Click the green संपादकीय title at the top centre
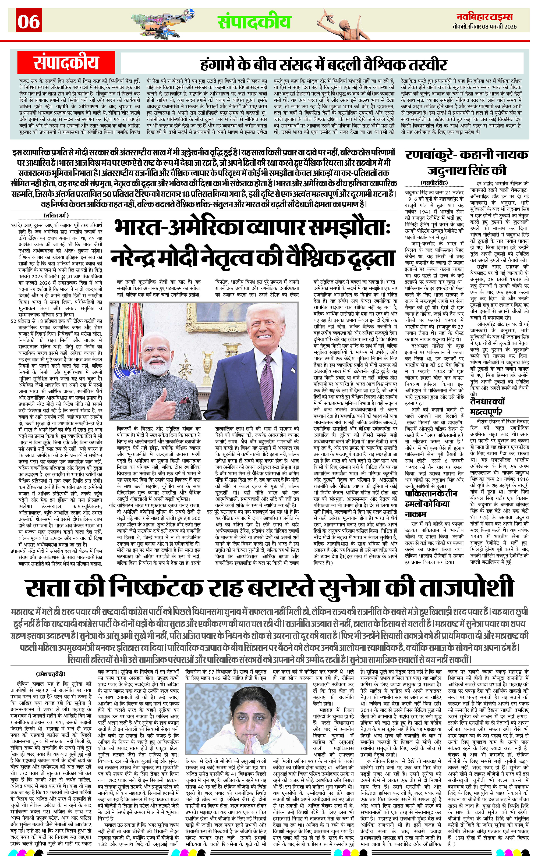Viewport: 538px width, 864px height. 254,21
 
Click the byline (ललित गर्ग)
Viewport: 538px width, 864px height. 56,215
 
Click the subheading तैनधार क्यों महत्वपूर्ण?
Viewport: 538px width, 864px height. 487,406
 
